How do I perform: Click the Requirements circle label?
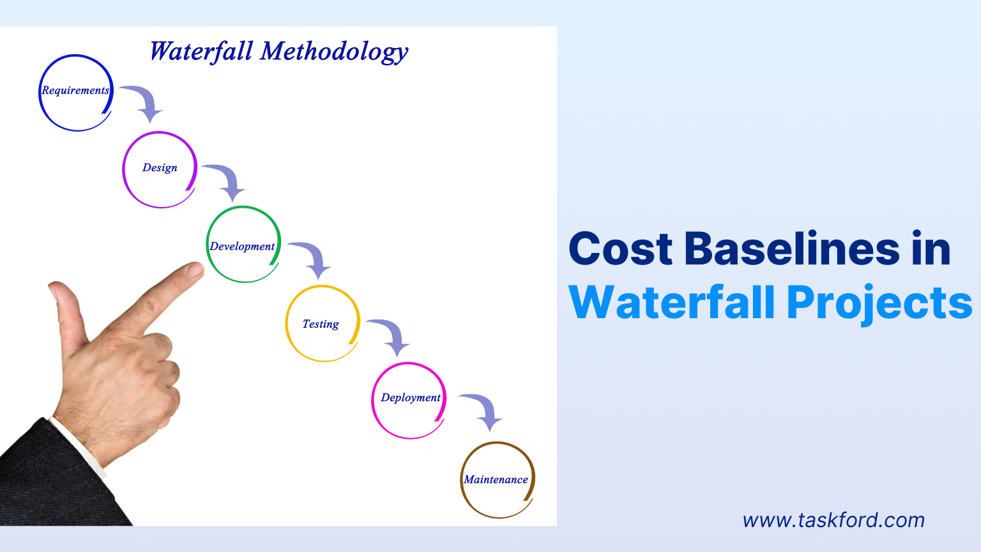(75, 91)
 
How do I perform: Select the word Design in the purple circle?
(160, 168)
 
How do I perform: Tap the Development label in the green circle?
(242, 247)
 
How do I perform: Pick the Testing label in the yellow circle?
(321, 325)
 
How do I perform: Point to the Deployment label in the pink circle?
(410, 398)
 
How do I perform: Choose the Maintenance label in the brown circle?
(496, 480)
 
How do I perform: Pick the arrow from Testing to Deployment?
(391, 335)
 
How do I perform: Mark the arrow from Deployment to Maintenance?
(484, 410)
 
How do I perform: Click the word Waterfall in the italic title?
(201, 52)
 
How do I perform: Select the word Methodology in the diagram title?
(334, 52)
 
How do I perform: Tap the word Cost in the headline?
(620, 249)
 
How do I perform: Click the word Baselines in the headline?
(791, 249)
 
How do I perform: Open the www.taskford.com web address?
(833, 520)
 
